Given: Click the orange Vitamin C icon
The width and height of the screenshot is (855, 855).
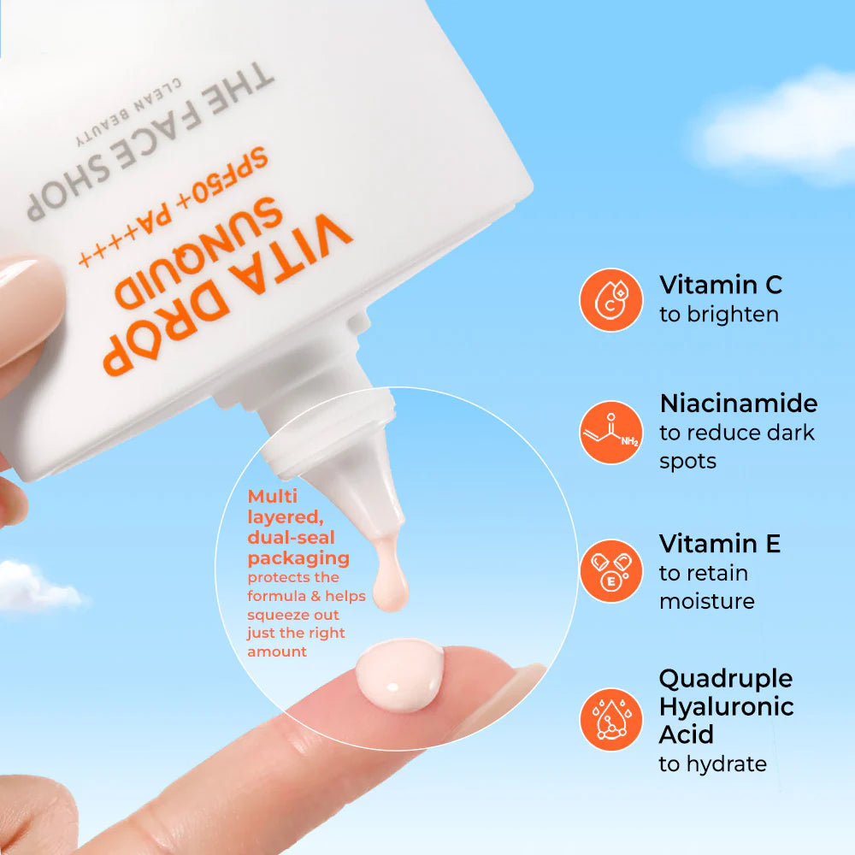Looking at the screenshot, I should (610, 299).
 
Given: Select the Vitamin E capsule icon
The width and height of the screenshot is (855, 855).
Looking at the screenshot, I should (610, 571).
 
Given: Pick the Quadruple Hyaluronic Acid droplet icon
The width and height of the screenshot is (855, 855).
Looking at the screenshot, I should (610, 719).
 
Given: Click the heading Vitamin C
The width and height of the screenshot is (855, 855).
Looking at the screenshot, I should (721, 285).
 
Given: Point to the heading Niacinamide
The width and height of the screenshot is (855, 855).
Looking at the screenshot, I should (738, 403).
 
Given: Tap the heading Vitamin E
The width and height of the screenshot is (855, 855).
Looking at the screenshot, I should (719, 543).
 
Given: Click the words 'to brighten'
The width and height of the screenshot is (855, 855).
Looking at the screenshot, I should (718, 315).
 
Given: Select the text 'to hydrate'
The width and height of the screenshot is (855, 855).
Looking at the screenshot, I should (712, 764).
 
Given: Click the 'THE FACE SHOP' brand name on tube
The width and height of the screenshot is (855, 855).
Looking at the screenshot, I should (150, 141).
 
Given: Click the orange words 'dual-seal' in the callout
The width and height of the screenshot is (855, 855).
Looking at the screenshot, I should (291, 538).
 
